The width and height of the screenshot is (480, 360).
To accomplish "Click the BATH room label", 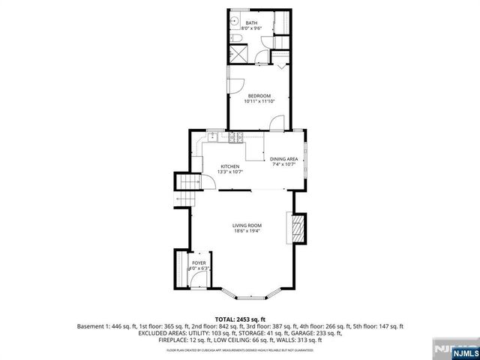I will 251,23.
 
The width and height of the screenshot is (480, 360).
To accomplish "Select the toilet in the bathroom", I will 235,38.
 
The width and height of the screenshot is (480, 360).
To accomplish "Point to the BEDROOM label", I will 259,96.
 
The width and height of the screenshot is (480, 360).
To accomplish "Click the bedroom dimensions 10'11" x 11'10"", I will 259,102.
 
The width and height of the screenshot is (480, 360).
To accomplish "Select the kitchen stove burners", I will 234,136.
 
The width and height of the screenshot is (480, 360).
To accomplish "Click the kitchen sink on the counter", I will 214,136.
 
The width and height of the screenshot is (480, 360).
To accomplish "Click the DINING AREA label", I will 284,159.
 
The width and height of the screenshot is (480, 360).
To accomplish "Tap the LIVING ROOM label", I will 246,226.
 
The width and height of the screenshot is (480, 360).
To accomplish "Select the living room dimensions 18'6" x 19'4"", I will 246,232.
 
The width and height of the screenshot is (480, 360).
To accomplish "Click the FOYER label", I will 199,263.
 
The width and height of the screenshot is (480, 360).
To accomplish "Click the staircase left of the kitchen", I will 184,191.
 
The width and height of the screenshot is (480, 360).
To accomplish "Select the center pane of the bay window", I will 247,295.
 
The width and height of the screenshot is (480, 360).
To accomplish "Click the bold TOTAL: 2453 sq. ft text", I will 240,319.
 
